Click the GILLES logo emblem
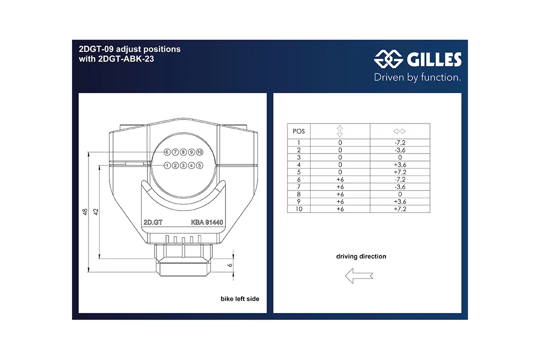(388, 60)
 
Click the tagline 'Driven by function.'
(417, 77)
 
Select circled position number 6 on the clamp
(167, 151)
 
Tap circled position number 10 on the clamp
(199, 151)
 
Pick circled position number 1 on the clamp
(167, 165)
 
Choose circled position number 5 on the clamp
(199, 165)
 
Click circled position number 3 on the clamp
(183, 165)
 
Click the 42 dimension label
(96, 212)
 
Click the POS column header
(298, 131)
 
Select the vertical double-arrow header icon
(340, 131)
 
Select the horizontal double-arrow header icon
(399, 131)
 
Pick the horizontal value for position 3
(399, 157)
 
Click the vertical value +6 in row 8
(340, 194)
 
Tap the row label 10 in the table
(299, 209)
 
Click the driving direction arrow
(359, 275)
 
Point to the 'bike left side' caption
(240, 299)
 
